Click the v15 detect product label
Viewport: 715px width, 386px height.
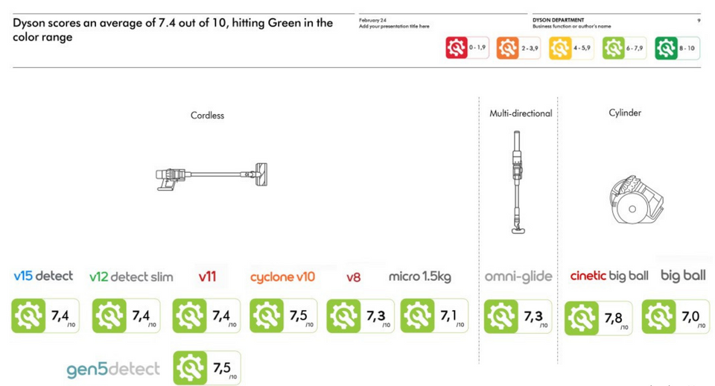(x=43, y=276)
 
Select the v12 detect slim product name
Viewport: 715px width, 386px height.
(x=131, y=276)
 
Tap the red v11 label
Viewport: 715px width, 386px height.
(x=207, y=276)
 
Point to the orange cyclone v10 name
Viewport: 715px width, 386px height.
(x=282, y=276)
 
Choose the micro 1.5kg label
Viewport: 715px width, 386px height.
(x=419, y=276)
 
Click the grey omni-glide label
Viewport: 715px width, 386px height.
(x=518, y=276)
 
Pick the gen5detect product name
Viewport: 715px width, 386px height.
(x=113, y=370)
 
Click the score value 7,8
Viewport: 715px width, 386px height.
(x=614, y=318)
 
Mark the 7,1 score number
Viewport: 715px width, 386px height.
(x=448, y=316)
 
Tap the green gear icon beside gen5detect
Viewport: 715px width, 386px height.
(x=189, y=368)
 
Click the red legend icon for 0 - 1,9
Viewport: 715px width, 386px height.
(x=457, y=48)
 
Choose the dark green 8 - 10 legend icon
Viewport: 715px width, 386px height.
(x=666, y=48)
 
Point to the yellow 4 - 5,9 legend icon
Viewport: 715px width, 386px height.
(x=560, y=48)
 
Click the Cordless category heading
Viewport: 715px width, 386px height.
(x=207, y=116)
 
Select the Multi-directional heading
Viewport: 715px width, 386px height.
(x=521, y=113)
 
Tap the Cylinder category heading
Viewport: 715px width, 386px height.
(x=624, y=113)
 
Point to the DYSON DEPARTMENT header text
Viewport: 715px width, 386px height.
(x=558, y=20)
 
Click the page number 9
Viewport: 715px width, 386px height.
(x=698, y=20)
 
